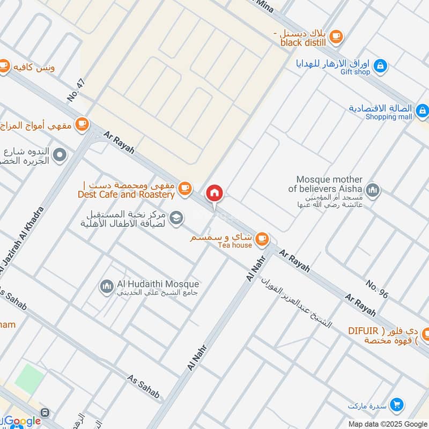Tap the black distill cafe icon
336,36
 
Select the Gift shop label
355,72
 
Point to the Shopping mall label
389,116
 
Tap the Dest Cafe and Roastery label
126,195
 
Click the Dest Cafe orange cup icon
184,188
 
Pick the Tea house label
234,245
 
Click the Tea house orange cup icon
262,239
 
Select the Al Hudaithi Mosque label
158,284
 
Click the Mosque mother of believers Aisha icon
372,189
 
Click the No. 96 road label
377,289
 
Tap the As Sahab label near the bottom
144,386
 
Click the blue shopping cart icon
397,404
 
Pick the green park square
28,378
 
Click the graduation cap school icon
176,218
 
